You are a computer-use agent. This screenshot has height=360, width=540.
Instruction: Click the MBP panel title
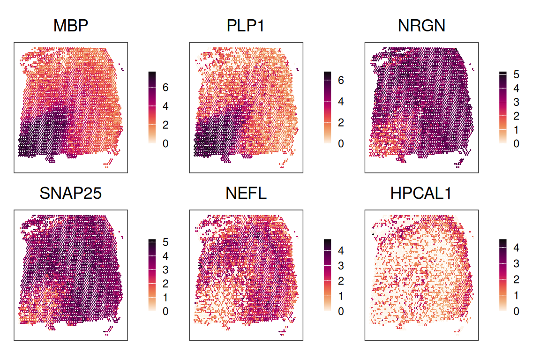click(x=70, y=26)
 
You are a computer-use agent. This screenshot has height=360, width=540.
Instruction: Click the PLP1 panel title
click(x=246, y=26)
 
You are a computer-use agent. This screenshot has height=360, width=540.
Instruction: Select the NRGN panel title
click(x=421, y=26)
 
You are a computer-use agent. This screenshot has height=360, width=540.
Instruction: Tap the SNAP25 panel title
click(x=70, y=194)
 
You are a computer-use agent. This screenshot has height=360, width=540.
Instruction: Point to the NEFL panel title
click(x=246, y=194)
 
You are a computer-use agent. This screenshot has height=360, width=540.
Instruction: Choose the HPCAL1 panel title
click(x=421, y=194)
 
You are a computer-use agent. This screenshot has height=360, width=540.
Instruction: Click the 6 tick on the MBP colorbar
click(x=165, y=88)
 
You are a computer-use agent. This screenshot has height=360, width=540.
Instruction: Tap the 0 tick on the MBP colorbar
click(x=165, y=143)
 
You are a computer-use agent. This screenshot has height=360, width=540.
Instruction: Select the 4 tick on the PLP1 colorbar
click(x=340, y=101)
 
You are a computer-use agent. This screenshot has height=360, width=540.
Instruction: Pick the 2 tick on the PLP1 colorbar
click(x=340, y=122)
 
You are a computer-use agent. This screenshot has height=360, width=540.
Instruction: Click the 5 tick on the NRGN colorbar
click(x=516, y=74)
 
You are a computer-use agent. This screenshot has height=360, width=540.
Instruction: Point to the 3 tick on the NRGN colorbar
click(x=516, y=102)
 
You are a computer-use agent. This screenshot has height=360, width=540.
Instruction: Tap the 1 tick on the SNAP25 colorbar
click(x=165, y=298)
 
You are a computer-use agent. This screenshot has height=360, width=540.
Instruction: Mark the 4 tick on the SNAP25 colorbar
click(x=165, y=256)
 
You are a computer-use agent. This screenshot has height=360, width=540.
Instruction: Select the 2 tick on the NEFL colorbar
click(x=340, y=281)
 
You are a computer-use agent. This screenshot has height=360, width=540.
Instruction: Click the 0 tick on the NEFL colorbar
click(x=340, y=311)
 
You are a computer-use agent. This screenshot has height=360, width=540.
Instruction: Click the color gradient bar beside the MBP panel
click(x=152, y=108)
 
